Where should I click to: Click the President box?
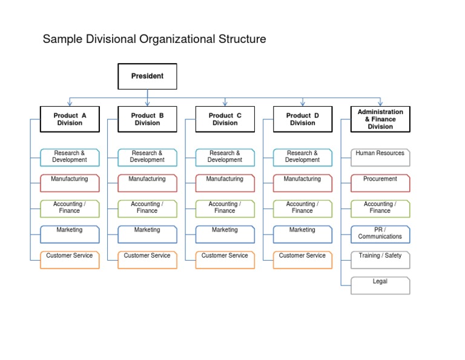[x=147, y=76]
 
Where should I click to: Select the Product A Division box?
[x=70, y=119]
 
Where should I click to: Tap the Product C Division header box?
[x=225, y=119]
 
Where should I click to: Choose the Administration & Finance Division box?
[x=380, y=119]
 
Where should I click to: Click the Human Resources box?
[x=380, y=157]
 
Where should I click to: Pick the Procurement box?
[x=380, y=182]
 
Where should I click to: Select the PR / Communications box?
[x=380, y=233]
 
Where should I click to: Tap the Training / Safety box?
[x=380, y=259]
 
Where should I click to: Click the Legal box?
[x=380, y=285]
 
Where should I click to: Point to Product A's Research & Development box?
[x=70, y=157]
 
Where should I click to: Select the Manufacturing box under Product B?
[x=147, y=182]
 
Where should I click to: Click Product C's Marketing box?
[x=225, y=234]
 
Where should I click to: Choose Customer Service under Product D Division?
[x=302, y=259]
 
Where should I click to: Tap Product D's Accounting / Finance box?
[x=302, y=208]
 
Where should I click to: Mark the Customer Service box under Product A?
[x=70, y=259]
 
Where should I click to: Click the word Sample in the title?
[x=64, y=40]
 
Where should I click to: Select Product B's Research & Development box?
[x=147, y=157]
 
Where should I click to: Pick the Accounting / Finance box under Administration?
[x=380, y=208]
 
